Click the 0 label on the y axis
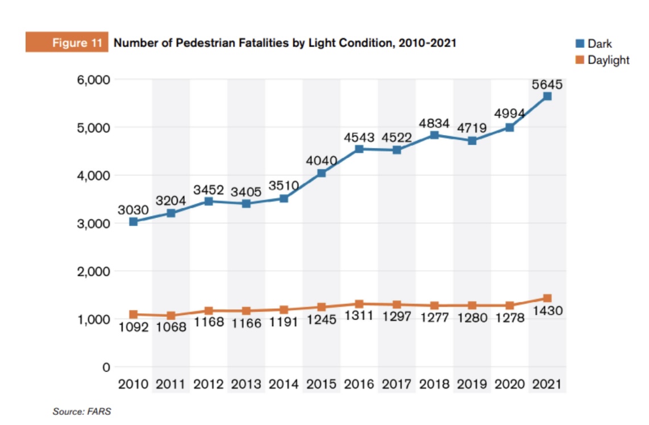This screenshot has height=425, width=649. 106,367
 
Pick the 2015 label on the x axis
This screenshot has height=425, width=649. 321,384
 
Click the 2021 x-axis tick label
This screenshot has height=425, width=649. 547,384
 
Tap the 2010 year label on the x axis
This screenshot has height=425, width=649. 133,384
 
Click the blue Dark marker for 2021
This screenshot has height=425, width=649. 547,96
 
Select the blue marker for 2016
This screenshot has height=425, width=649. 359,149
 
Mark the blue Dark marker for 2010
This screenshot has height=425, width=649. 133,221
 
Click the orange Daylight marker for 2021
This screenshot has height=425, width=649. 547,298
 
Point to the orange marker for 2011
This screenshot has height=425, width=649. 170,315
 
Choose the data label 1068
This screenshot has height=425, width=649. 171,328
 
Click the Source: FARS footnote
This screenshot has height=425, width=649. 82,411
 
